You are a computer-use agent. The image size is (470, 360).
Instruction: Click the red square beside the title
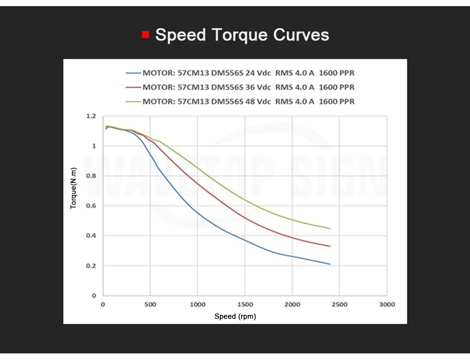click(x=145, y=34)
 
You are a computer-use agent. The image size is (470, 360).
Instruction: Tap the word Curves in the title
click(x=301, y=35)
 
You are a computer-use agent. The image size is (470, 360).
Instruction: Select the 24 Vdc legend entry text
click(x=249, y=73)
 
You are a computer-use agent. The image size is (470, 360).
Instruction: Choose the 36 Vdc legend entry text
click(x=249, y=87)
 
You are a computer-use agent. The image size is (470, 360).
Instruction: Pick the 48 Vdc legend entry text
click(x=249, y=102)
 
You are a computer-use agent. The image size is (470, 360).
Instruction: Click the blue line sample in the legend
click(x=133, y=73)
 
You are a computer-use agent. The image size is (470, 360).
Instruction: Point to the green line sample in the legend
click(x=133, y=102)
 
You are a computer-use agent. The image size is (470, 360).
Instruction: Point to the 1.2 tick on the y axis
click(x=91, y=116)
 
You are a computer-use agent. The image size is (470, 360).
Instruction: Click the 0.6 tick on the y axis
click(x=91, y=206)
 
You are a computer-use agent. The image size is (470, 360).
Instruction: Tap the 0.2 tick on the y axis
click(x=91, y=266)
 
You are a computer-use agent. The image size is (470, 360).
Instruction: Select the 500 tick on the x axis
click(x=150, y=305)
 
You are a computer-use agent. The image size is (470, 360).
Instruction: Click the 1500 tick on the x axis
click(x=245, y=305)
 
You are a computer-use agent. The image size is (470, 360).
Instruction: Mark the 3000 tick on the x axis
click(x=387, y=305)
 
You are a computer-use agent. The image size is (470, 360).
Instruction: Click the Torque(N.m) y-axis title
click(x=73, y=188)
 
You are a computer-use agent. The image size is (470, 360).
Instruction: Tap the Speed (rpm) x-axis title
click(x=235, y=317)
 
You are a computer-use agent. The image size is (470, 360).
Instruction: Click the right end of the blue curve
click(x=330, y=264)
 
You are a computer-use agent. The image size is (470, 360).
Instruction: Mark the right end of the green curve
click(x=330, y=228)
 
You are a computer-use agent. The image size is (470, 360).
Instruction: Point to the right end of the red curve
click(x=330, y=246)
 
